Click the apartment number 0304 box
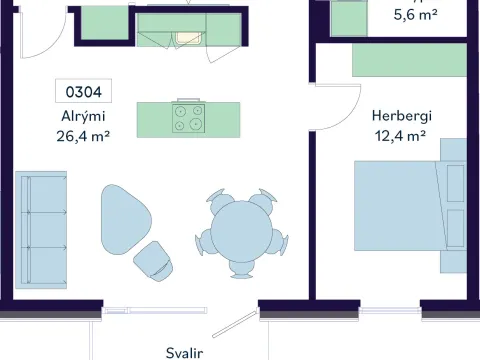tap(83, 91)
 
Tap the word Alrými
tap(83, 116)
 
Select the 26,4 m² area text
tap(83, 136)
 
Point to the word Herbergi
tap(402, 116)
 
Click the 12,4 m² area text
tap(400, 136)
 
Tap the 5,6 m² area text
tap(415, 15)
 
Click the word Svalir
tap(184, 353)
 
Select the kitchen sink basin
tap(188, 38)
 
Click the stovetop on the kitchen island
tap(188, 118)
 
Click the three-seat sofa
tap(41, 230)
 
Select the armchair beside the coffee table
tap(154, 261)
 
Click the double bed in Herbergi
tap(410, 206)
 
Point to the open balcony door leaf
tap(235, 324)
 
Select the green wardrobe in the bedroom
tap(409, 60)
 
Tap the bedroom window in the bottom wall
tap(390, 311)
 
